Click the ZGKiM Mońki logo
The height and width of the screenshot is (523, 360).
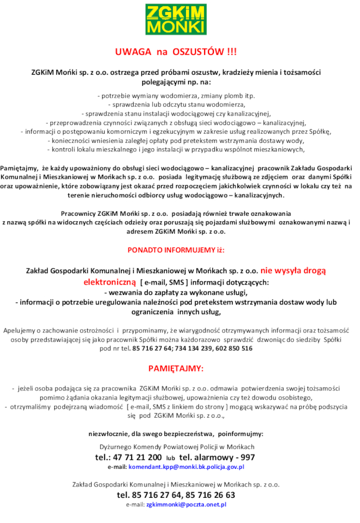(x=176, y=20)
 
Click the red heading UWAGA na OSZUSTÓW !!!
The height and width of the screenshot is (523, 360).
(x=176, y=52)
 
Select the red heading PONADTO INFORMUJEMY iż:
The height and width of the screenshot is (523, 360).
(x=176, y=251)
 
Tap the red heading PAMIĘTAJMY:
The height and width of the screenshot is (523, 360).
(x=176, y=368)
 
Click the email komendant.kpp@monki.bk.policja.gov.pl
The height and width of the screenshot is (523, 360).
(x=186, y=467)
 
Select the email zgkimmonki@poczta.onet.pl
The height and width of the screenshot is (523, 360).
(x=186, y=505)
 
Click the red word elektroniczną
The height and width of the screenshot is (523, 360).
(x=110, y=282)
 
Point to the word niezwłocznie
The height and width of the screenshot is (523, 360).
(x=110, y=433)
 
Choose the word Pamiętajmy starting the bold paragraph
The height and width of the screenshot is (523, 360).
(x=18, y=168)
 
